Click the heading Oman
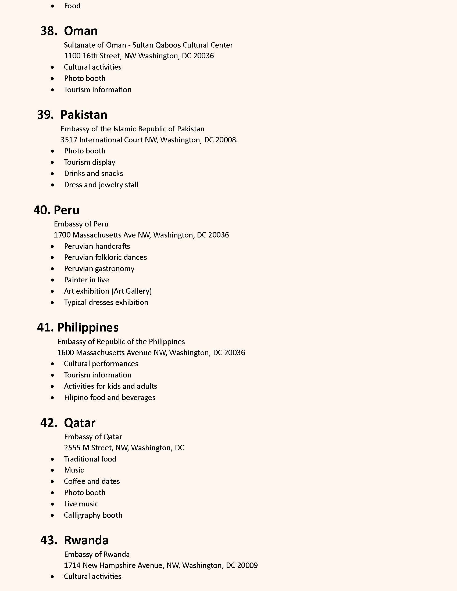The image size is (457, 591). tap(81, 31)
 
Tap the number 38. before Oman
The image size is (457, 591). tap(49, 31)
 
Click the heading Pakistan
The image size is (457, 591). tap(84, 115)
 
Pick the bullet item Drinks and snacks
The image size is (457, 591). tap(93, 174)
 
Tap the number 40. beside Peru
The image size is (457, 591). tap(42, 210)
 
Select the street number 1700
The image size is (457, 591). tap(62, 235)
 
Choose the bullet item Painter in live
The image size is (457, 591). tap(86, 280)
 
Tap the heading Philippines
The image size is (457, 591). tap(88, 327)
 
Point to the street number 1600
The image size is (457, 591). tap(66, 353)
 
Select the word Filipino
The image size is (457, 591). tap(74, 398)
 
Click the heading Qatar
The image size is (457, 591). tap(80, 423)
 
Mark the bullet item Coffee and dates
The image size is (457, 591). tap(92, 481)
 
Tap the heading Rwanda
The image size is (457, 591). tap(86, 540)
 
